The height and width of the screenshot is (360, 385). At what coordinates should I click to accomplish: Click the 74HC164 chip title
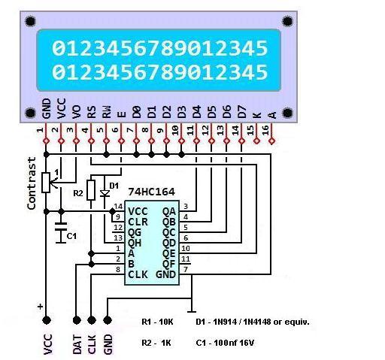pyautogui.click(x=151, y=192)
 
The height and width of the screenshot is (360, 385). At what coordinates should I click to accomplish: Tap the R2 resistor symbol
pyautogui.click(x=91, y=190)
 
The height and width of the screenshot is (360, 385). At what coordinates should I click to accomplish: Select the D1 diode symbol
pyautogui.click(x=105, y=193)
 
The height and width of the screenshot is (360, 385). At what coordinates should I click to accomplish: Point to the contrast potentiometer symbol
pyautogui.click(x=46, y=183)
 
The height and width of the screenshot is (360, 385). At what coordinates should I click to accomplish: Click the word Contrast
pyautogui.click(x=32, y=183)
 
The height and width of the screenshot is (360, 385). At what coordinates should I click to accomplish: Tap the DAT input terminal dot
pyautogui.click(x=77, y=320)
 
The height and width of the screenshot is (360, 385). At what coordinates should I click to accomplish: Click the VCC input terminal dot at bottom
pyautogui.click(x=47, y=320)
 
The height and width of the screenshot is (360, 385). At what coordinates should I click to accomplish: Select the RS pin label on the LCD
pyautogui.click(x=92, y=112)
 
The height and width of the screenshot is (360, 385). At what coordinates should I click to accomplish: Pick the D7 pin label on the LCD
pyautogui.click(x=242, y=112)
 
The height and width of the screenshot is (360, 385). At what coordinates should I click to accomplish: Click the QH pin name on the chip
pyautogui.click(x=135, y=243)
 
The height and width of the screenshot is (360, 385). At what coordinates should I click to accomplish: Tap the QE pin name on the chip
pyautogui.click(x=168, y=253)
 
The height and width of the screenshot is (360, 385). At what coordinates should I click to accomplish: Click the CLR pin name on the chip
pyautogui.click(x=138, y=222)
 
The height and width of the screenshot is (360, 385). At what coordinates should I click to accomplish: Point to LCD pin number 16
pyautogui.click(x=265, y=130)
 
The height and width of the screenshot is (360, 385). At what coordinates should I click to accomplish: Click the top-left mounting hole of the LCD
pyautogui.click(x=30, y=21)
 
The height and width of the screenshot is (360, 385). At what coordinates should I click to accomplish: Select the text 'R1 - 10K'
pyautogui.click(x=157, y=322)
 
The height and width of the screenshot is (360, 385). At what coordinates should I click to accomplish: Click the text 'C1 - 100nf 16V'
pyautogui.click(x=225, y=343)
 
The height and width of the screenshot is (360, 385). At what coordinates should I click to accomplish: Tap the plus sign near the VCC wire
pyautogui.click(x=41, y=307)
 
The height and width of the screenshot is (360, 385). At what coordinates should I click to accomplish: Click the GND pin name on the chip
pyautogui.click(x=165, y=274)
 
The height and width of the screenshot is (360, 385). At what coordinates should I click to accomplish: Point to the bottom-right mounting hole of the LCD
pyautogui.click(x=287, y=113)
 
